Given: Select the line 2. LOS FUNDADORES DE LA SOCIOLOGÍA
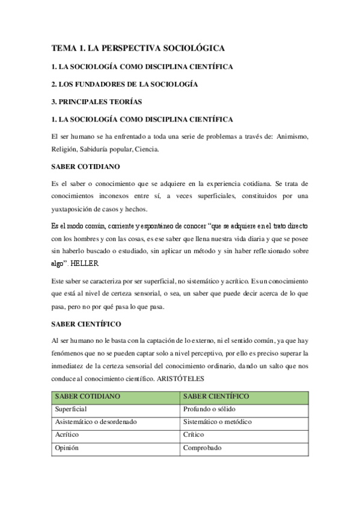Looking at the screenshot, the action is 125,84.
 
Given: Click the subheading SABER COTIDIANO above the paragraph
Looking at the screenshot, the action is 86,165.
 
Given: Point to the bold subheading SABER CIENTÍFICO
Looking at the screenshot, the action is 87,324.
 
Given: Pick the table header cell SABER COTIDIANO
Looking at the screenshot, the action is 88,396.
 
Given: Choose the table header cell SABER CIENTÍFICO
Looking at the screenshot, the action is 216,396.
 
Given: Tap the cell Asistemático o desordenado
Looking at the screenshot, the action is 96,422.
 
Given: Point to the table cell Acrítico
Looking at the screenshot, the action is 67,434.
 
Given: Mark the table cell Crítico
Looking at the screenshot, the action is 194,434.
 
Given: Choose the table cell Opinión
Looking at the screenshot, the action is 67,447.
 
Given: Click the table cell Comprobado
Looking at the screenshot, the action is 203,447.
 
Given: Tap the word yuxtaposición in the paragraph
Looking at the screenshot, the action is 76,209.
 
